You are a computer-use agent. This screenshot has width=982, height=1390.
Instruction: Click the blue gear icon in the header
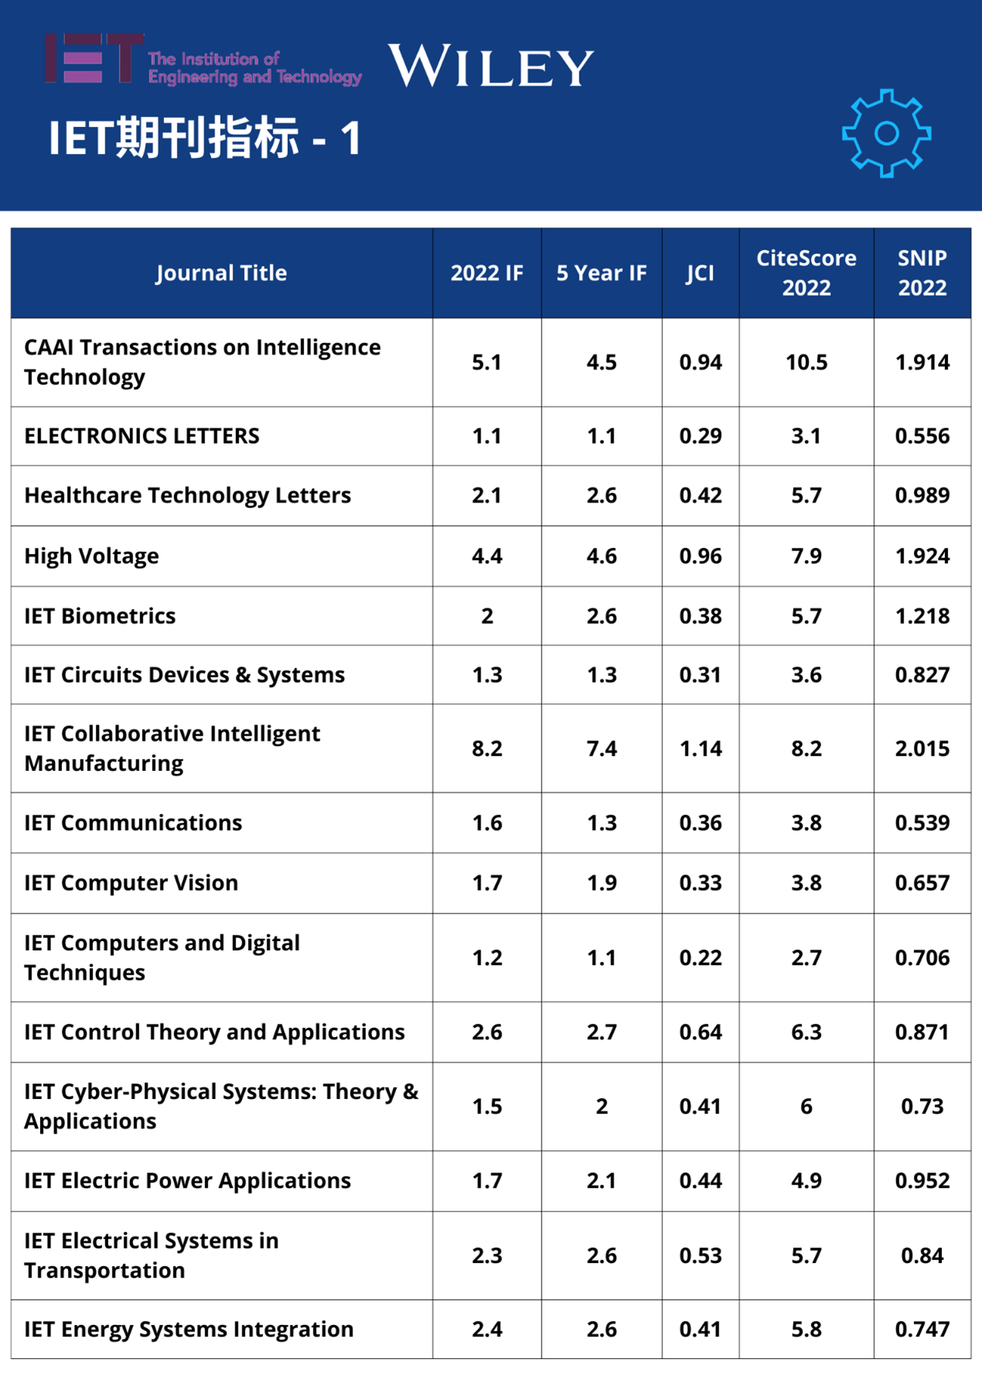tap(886, 133)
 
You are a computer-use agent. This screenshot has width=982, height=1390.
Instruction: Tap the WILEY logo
tap(491, 66)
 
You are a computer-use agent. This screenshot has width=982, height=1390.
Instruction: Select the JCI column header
tap(700, 273)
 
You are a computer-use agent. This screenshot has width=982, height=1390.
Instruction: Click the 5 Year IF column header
tap(601, 273)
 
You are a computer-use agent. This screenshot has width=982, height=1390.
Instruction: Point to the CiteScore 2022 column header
tap(806, 272)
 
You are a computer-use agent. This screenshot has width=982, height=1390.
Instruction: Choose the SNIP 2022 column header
tap(922, 272)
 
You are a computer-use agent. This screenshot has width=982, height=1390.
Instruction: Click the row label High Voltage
tap(91, 556)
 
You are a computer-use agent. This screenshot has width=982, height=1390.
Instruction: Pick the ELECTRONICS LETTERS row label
tap(142, 436)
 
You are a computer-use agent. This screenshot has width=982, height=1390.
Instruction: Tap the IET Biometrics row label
tap(100, 616)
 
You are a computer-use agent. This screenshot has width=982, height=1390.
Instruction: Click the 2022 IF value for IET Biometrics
tap(487, 616)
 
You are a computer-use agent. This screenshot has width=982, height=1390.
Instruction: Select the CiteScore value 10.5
tap(806, 362)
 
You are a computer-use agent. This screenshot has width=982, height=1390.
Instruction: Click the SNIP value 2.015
tap(922, 748)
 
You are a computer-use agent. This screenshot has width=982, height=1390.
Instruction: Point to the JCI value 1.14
tap(700, 748)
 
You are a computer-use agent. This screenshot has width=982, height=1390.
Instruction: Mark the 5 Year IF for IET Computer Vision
tap(601, 882)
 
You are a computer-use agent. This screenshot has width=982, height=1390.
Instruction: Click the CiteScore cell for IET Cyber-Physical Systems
tap(806, 1106)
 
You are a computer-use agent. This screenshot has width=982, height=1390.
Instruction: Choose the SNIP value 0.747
tap(922, 1329)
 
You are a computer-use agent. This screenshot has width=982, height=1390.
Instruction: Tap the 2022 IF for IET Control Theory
tap(487, 1032)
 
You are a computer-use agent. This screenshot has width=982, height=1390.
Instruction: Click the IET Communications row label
tap(133, 823)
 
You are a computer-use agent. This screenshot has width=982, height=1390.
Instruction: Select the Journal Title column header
tap(221, 273)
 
